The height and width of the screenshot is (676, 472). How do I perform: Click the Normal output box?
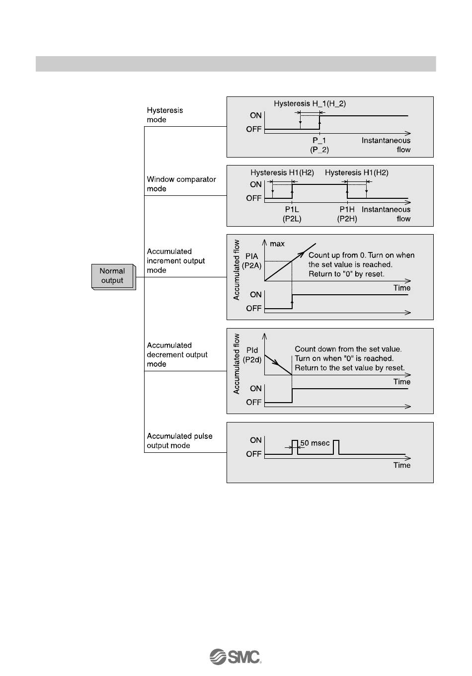(112, 276)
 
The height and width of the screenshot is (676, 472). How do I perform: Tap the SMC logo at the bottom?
(236, 657)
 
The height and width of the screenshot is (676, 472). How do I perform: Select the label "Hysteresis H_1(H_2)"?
(310, 103)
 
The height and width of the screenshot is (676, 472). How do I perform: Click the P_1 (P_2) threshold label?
(319, 145)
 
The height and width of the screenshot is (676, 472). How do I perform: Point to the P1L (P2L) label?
(292, 214)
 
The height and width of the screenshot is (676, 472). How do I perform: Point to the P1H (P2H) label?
(347, 214)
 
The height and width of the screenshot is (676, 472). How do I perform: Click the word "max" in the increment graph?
(277, 244)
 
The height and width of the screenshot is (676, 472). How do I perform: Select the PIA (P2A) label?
(251, 261)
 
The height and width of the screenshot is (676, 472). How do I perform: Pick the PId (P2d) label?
(252, 355)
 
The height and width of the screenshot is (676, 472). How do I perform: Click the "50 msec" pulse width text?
(315, 443)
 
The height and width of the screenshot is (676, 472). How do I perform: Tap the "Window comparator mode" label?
(181, 184)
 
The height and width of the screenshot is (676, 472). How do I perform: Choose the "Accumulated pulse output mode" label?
(179, 441)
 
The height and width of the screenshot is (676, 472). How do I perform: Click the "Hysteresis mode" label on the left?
(164, 115)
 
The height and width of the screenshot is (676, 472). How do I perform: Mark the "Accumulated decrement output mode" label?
(177, 354)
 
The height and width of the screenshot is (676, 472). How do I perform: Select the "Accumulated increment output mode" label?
(176, 260)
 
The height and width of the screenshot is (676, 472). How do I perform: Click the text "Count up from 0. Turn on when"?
(361, 255)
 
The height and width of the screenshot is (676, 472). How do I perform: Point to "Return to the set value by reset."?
(350, 368)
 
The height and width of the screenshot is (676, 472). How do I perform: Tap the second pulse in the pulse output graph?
(336, 447)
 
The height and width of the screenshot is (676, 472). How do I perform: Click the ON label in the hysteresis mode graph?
(256, 115)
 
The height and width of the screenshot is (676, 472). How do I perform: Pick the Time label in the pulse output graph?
(402, 465)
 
